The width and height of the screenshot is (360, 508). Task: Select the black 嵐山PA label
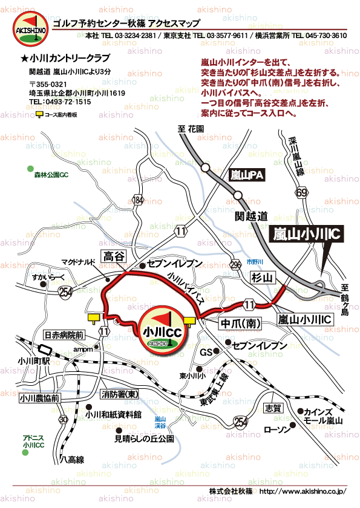click(248, 175)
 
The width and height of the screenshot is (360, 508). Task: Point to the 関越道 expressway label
click(251, 215)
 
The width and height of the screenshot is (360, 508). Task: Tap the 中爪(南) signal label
click(241, 324)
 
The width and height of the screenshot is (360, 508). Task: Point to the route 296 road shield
click(235, 264)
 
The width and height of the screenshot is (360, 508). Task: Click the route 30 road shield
click(64, 418)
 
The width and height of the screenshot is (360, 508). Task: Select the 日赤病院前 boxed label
click(64, 334)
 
